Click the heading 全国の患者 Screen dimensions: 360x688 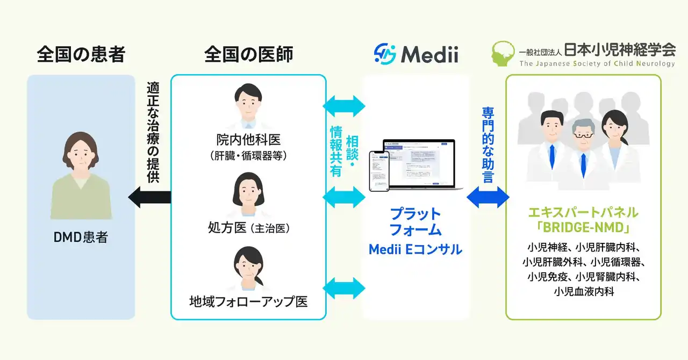[x=81, y=54]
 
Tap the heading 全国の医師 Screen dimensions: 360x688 [x=248, y=54]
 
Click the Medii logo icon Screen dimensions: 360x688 [x=385, y=54]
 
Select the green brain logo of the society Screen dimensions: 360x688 [x=504, y=54]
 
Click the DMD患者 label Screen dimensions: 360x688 [x=81, y=236]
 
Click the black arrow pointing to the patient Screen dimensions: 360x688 [x=149, y=198]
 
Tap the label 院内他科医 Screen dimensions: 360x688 [x=248, y=140]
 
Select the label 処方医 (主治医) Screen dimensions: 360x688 [x=248, y=228]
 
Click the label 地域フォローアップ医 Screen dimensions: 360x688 [x=248, y=301]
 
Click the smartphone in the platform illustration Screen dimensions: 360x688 [x=379, y=171]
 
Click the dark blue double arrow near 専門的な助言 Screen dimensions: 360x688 [x=488, y=198]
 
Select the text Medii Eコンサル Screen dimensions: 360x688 [x=415, y=249]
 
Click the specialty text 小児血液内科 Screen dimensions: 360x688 [x=584, y=292]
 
